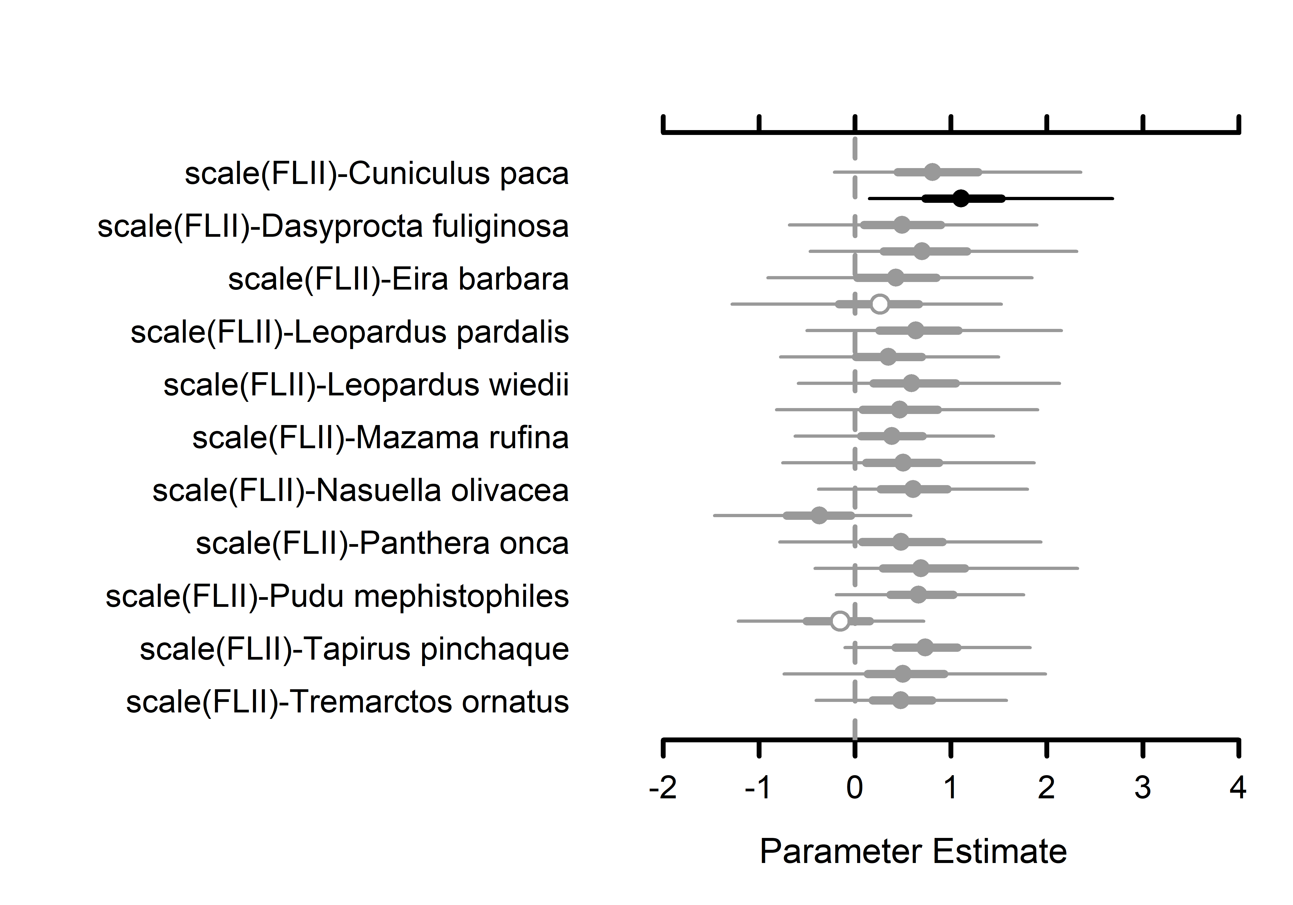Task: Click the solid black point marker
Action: pos(961,198)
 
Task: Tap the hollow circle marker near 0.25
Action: pos(880,304)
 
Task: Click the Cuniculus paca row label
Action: pos(377,173)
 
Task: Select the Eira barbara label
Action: pos(398,279)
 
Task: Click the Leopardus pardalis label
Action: pos(350,332)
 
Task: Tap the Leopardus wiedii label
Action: pos(366,385)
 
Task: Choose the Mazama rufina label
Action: pos(380,438)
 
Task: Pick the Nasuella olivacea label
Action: pos(360,490)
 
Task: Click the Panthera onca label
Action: pos(382,544)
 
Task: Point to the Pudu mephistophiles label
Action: pos(337,596)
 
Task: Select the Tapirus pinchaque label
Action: pos(354,649)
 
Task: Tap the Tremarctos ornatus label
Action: pos(347,702)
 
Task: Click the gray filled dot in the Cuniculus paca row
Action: pos(933,172)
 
